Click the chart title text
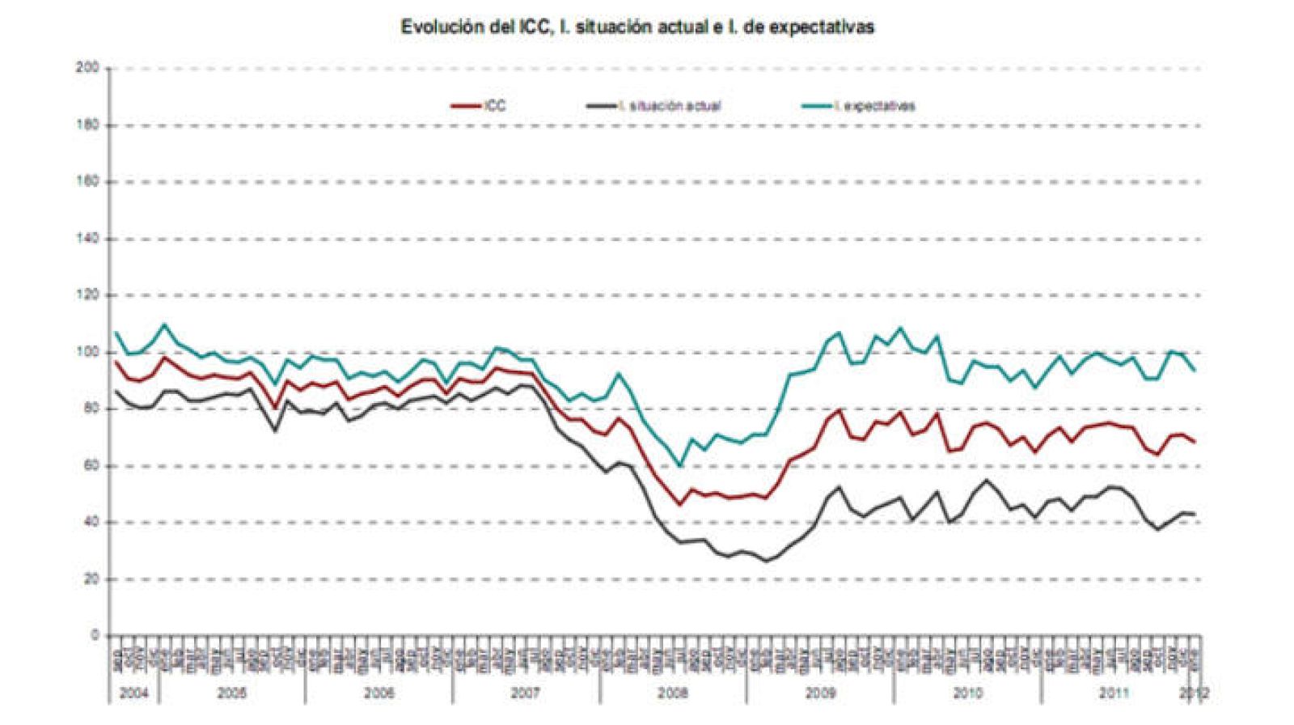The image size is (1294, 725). click(x=637, y=27)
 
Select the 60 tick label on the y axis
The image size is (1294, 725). click(x=90, y=466)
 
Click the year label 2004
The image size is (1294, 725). click(x=134, y=693)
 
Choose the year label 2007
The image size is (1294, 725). click(x=526, y=693)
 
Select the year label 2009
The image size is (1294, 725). click(x=820, y=693)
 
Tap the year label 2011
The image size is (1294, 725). click(x=1114, y=693)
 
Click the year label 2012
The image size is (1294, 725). click(x=1194, y=693)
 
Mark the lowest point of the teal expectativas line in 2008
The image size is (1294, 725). click(x=679, y=464)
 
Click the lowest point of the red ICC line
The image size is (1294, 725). click(x=679, y=505)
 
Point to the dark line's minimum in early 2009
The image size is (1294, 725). click(x=767, y=561)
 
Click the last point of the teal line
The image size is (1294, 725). click(x=1195, y=371)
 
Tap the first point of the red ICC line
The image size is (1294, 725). click(x=116, y=362)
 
